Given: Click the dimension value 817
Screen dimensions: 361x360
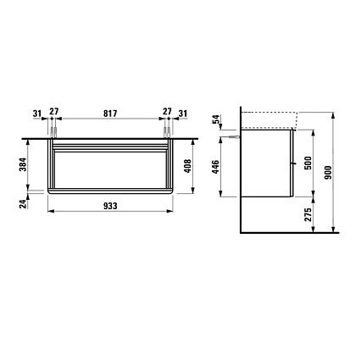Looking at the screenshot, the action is pyautogui.click(x=110, y=114).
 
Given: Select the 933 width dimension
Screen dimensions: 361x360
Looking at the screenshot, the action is pyautogui.click(x=110, y=206).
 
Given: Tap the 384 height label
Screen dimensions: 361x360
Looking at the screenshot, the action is pyautogui.click(x=23, y=164).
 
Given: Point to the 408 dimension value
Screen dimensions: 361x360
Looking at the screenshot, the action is pyautogui.click(x=187, y=166).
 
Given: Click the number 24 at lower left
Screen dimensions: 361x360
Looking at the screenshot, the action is pyautogui.click(x=23, y=203).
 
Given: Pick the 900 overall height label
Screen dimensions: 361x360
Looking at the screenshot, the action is pyautogui.click(x=328, y=173).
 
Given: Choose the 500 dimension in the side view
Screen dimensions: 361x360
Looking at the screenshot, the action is pyautogui.click(x=308, y=163).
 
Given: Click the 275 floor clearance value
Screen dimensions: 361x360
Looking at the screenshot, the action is pyautogui.click(x=308, y=214).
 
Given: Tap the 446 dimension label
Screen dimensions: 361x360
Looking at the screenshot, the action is pyautogui.click(x=215, y=167).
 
